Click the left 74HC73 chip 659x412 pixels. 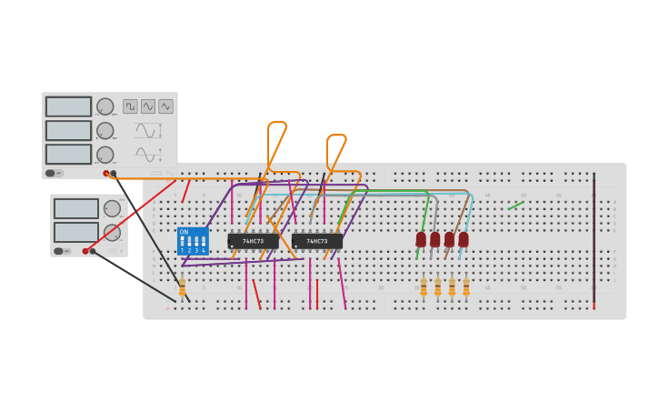pyautogui.click(x=253, y=241)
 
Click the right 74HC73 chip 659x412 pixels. pyautogui.click(x=317, y=241)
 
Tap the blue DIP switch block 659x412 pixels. pyautogui.click(x=193, y=241)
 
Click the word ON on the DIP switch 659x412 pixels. pyautogui.click(x=184, y=232)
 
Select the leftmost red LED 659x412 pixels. pyautogui.click(x=421, y=239)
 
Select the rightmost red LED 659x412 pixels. pyautogui.click(x=464, y=239)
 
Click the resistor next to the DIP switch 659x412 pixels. pyautogui.click(x=182, y=287)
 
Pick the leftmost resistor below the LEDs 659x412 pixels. pyautogui.click(x=424, y=286)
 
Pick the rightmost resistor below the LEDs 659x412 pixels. pyautogui.click(x=466, y=286)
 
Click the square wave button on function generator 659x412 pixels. pyautogui.click(x=130, y=106)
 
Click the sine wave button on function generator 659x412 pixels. pyautogui.click(x=148, y=106)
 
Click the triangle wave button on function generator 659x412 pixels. pyautogui.click(x=165, y=106)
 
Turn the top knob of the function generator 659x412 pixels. pyautogui.click(x=105, y=106)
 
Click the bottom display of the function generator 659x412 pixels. pyautogui.click(x=69, y=154)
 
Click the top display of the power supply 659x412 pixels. pyautogui.click(x=76, y=208)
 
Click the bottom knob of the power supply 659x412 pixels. pyautogui.click(x=112, y=233)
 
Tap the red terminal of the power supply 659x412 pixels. pyautogui.click(x=85, y=251)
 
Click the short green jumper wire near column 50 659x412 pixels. pyautogui.click(x=515, y=206)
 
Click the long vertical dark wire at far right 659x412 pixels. pyautogui.click(x=594, y=241)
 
